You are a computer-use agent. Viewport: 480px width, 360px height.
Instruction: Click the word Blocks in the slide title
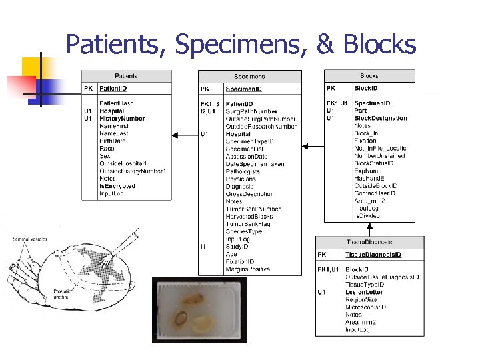[x=379, y=45]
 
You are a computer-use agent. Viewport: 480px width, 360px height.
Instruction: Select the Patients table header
[x=127, y=76]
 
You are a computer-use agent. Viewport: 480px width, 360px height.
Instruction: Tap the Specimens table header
[x=249, y=77]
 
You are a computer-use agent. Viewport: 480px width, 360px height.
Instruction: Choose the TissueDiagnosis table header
[x=369, y=241]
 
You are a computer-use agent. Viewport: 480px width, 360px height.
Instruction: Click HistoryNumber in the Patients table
[x=122, y=119]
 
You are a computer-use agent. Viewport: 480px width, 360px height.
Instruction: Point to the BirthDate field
[x=113, y=141]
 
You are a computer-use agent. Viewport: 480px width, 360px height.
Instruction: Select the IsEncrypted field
[x=117, y=186]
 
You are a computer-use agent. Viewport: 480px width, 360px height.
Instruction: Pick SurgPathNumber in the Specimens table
[x=251, y=111]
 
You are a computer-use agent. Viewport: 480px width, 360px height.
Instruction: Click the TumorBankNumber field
[x=253, y=209]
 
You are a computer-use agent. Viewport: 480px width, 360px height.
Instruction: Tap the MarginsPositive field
[x=248, y=269]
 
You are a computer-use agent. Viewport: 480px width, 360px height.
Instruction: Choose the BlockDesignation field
[x=380, y=118]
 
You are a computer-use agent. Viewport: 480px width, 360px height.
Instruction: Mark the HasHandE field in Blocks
[x=370, y=178]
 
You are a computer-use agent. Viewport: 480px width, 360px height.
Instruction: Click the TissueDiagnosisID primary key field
[x=373, y=254]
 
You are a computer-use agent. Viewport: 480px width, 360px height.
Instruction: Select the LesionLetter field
[x=364, y=292]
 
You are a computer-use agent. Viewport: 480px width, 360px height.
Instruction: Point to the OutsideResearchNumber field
[x=261, y=126]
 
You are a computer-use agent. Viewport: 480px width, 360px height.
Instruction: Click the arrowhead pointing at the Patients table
[x=175, y=135]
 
